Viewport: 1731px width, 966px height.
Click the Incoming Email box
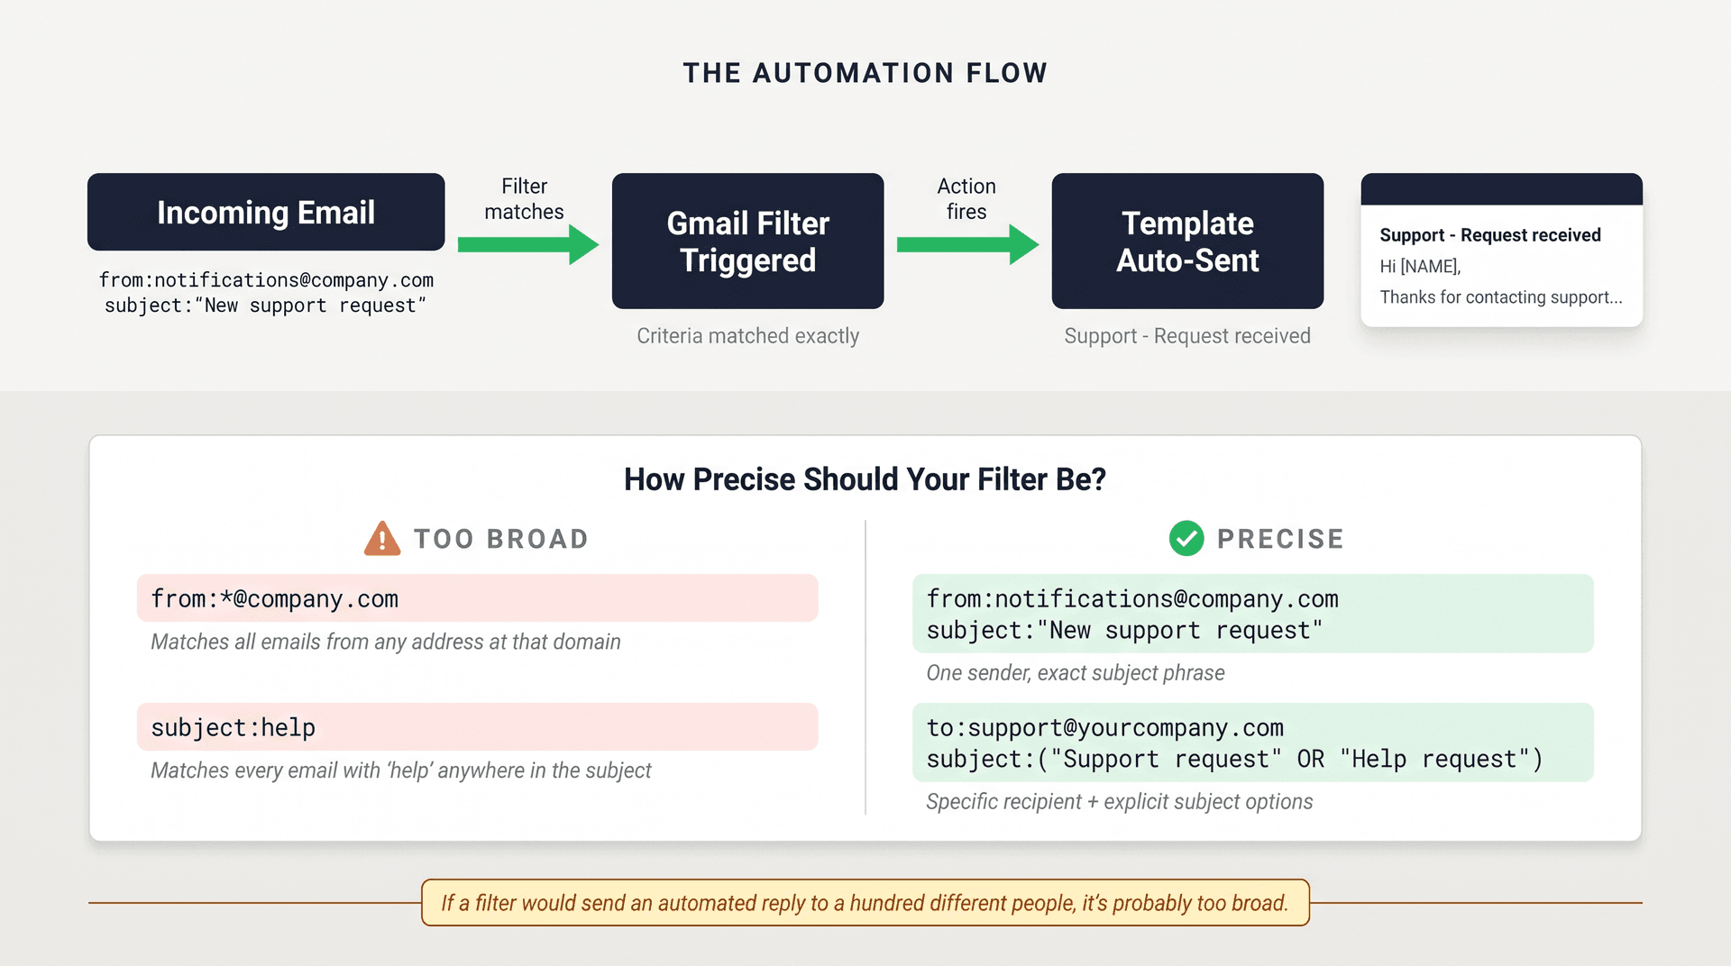tap(266, 212)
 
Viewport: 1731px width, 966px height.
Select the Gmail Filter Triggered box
tap(747, 241)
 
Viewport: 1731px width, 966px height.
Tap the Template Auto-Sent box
tap(1186, 241)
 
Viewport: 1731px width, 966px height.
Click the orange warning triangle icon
tap(382, 539)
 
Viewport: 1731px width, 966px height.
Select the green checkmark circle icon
tap(1186, 539)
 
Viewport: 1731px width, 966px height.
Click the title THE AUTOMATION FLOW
tap(865, 73)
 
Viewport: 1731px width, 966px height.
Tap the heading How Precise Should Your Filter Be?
tap(865, 479)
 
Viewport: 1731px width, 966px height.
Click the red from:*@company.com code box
tap(477, 598)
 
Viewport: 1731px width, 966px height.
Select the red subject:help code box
tap(477, 727)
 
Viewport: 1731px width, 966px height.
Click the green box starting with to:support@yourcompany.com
tap(1252, 743)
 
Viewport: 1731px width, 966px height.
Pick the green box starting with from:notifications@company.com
tap(1252, 614)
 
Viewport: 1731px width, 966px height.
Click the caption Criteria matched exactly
tap(747, 336)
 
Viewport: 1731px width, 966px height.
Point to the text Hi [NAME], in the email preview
tap(1420, 267)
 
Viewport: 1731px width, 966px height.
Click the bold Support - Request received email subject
tap(1489, 235)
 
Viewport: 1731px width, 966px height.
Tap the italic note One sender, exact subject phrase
tap(1075, 673)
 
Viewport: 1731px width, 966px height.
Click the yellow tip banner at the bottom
tap(865, 903)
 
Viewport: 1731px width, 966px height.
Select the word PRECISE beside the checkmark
tap(1280, 539)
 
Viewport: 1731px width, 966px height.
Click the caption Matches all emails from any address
tap(386, 642)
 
